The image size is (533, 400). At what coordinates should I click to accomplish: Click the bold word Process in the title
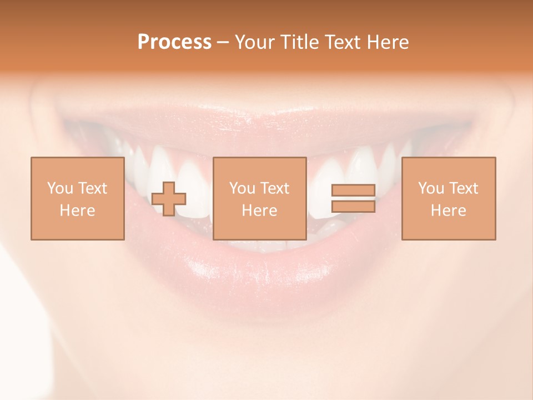(174, 42)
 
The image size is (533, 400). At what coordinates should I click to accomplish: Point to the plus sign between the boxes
(169, 199)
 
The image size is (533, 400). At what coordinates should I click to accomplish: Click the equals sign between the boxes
(353, 198)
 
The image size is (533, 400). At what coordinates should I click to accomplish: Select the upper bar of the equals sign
(353, 191)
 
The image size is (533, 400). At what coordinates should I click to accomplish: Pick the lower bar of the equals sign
(353, 206)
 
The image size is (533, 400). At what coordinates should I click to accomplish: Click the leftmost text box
(77, 198)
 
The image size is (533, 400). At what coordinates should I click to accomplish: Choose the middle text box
(259, 198)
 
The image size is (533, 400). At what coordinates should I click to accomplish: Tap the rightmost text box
(449, 198)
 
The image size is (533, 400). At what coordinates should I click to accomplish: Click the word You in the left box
(60, 188)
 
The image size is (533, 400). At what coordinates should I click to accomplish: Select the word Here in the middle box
(259, 211)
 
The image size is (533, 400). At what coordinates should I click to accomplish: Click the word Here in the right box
(449, 211)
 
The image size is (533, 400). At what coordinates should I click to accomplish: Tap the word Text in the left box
(92, 188)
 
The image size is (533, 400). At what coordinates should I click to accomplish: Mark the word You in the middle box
(242, 188)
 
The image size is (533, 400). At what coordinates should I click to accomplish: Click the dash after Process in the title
(223, 42)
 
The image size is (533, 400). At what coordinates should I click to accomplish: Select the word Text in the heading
(342, 42)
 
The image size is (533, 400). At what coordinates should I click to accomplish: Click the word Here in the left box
(77, 211)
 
